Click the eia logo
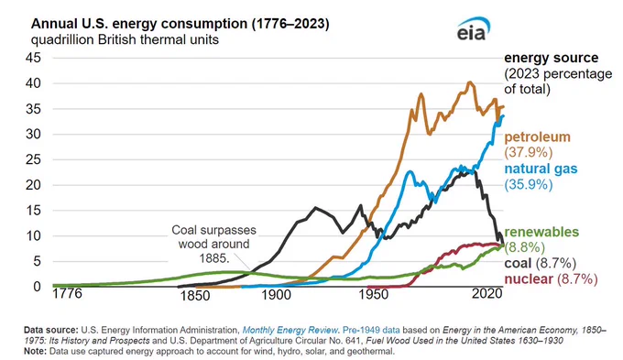point(473,28)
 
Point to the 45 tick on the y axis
point(33,58)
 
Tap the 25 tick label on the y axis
point(33,159)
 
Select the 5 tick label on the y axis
point(37,261)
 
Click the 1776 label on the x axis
point(67,293)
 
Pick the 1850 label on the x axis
point(194,296)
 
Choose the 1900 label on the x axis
point(277,294)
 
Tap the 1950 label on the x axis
point(374,294)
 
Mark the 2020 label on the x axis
point(487,294)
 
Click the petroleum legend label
point(537,137)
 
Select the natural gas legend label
point(541,169)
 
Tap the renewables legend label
point(541,232)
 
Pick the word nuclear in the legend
point(529,279)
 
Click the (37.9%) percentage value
point(529,152)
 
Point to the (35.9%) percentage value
point(529,184)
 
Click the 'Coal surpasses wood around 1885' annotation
point(213,244)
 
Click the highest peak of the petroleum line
point(470,82)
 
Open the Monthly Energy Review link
point(290,330)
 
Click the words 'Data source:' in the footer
point(51,330)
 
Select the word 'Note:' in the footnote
point(35,351)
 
